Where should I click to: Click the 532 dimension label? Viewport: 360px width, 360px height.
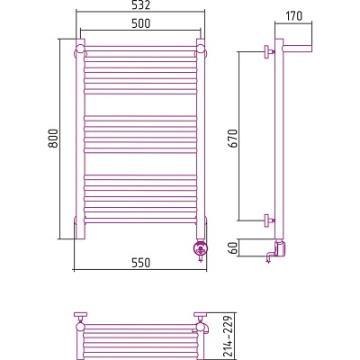[x=140, y=4]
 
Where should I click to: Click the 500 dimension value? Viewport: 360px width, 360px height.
[x=140, y=23]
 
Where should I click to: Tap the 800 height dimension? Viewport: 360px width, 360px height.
[x=53, y=139]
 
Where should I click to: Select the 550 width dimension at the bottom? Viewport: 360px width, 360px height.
[x=140, y=263]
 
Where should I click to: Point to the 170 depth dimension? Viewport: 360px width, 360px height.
[x=293, y=16]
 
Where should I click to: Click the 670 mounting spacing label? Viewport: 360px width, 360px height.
[x=232, y=139]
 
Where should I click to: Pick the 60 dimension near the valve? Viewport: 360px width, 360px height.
[x=232, y=247]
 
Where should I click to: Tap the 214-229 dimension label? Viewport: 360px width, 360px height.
[x=229, y=336]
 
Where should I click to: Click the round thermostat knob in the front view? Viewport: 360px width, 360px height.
[x=201, y=249]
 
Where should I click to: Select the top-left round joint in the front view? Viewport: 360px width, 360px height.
[x=80, y=49]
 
